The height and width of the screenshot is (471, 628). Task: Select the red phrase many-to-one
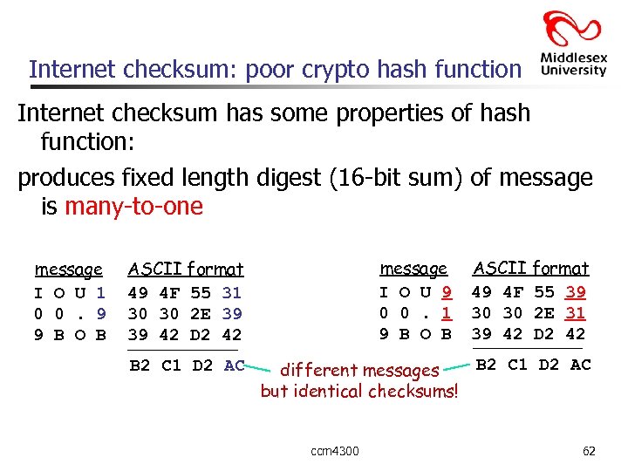click(133, 207)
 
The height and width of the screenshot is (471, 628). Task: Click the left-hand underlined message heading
click(68, 270)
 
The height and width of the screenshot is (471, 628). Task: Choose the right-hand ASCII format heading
click(530, 269)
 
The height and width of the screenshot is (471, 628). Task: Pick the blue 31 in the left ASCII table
click(232, 293)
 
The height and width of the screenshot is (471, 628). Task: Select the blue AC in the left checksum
click(235, 365)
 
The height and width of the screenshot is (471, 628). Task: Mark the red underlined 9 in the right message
click(447, 292)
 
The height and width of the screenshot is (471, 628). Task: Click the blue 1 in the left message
click(101, 293)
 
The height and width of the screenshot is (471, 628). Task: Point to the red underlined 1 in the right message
click(447, 313)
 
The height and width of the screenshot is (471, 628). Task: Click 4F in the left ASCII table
click(170, 293)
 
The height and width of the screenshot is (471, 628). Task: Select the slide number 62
click(589, 451)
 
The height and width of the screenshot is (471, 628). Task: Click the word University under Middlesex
click(573, 70)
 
